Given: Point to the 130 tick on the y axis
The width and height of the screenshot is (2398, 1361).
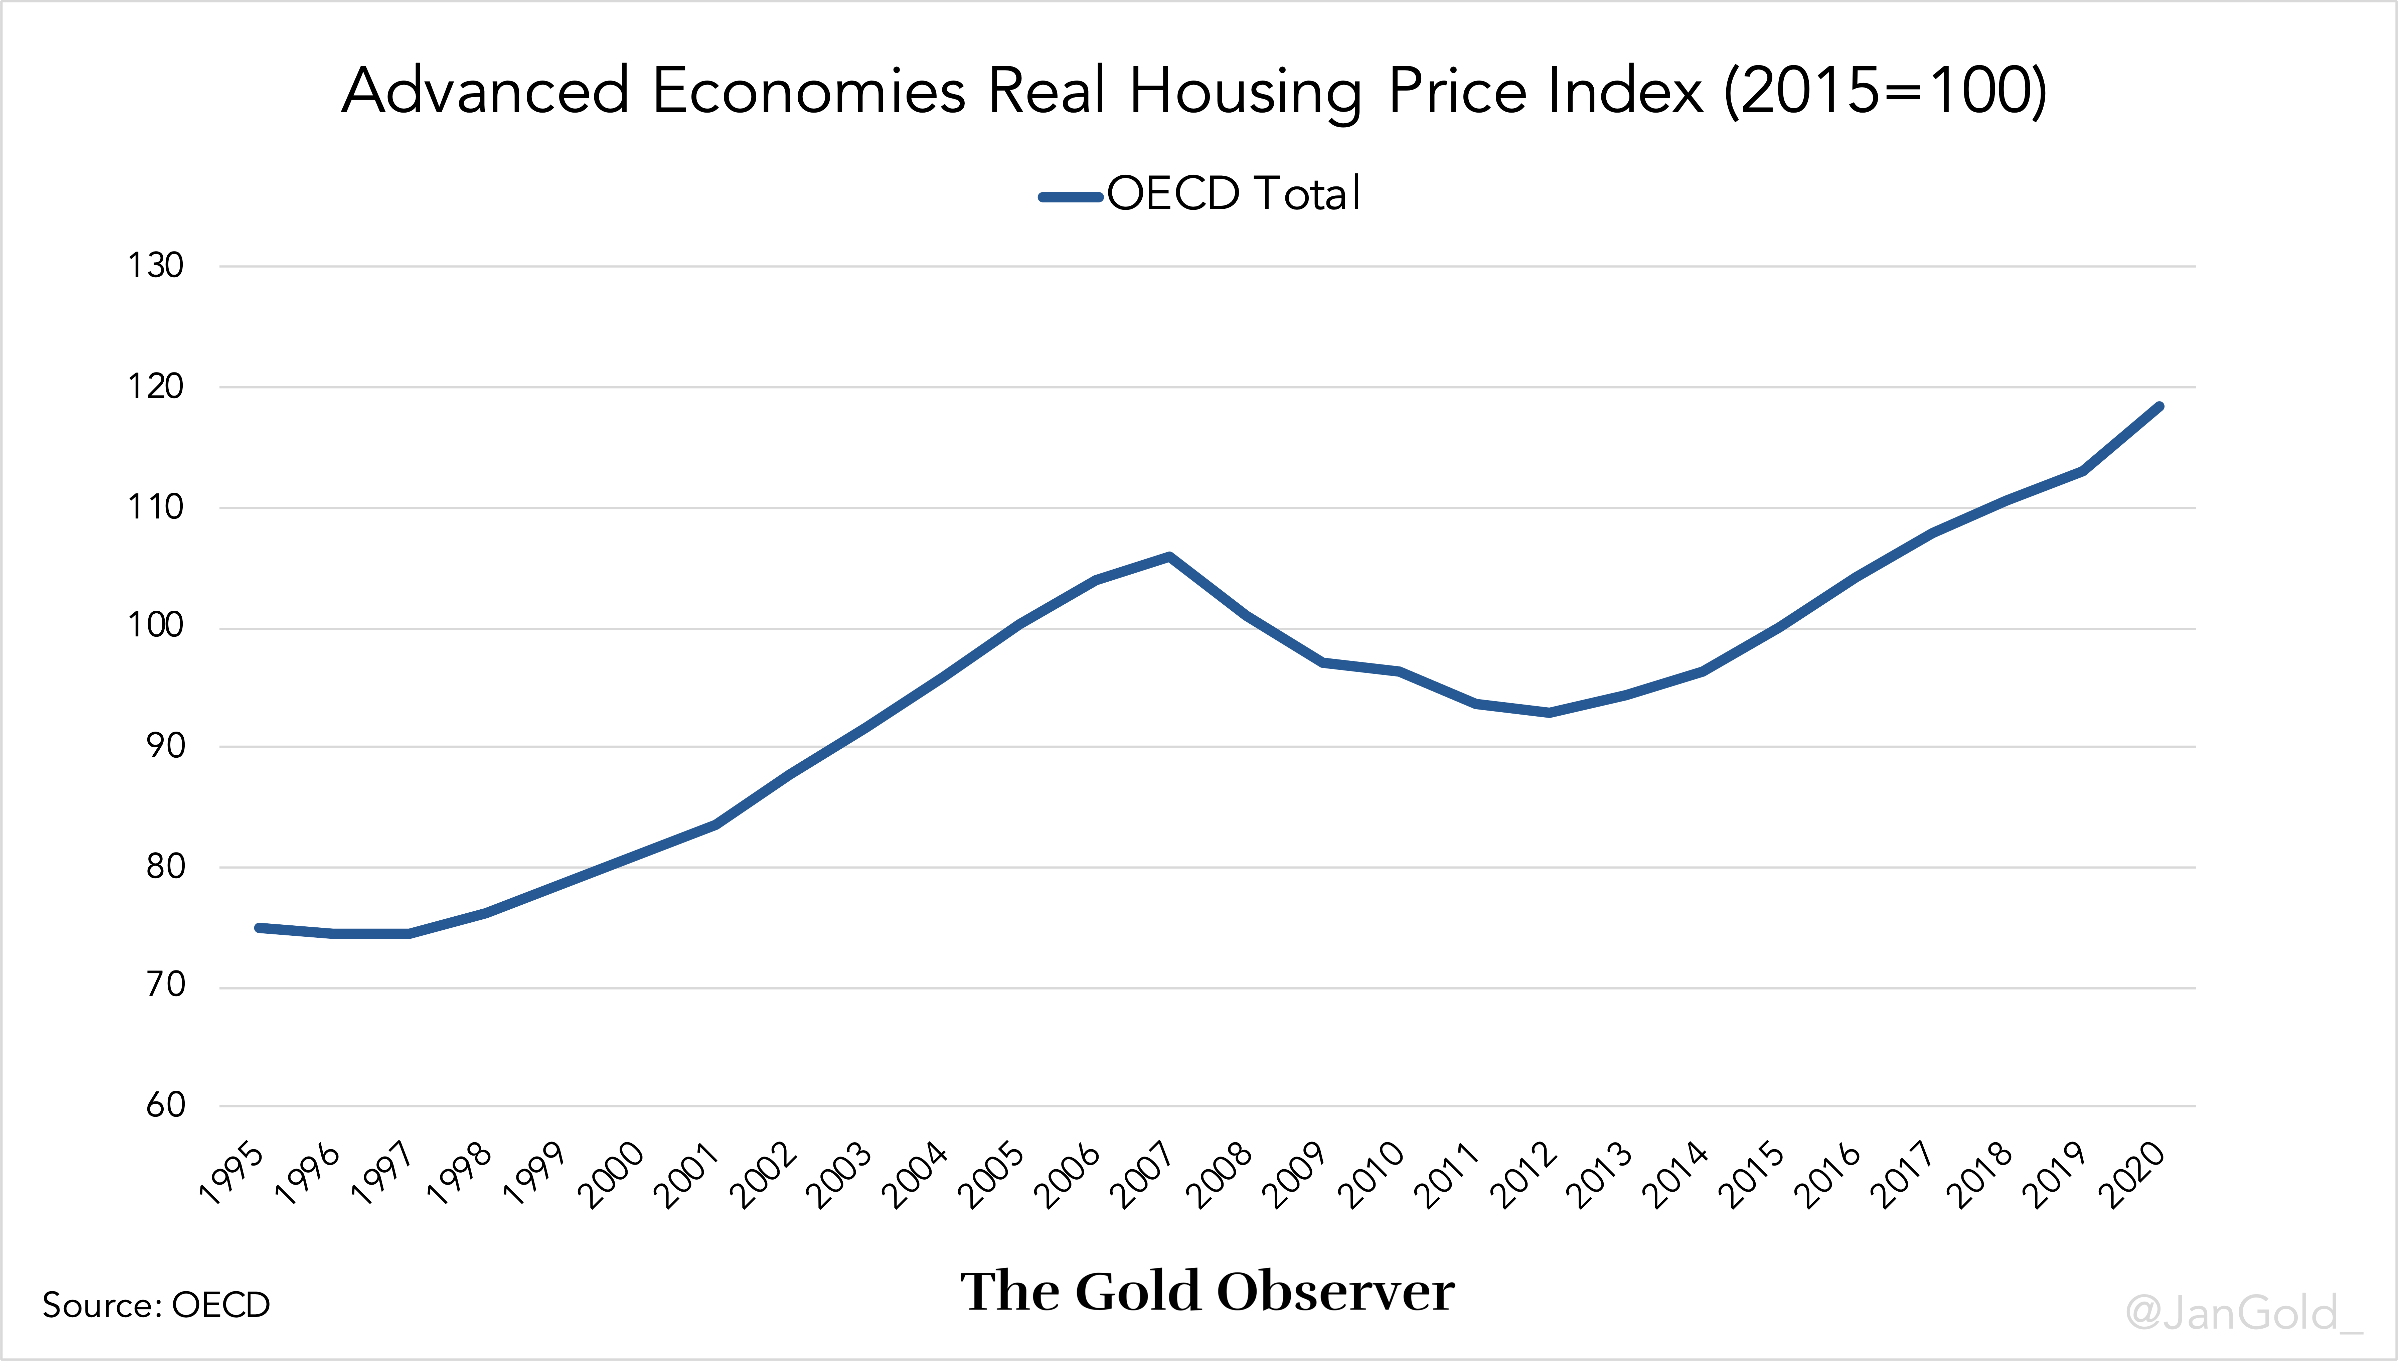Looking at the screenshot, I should click(155, 266).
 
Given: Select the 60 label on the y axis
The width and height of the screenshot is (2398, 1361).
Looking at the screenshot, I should click(165, 1106).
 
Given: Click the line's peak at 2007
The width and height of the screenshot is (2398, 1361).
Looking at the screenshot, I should click(1170, 557).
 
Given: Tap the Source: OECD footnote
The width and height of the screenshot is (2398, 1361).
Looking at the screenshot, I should click(156, 1305).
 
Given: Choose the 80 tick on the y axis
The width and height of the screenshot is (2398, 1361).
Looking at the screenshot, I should click(165, 867).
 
